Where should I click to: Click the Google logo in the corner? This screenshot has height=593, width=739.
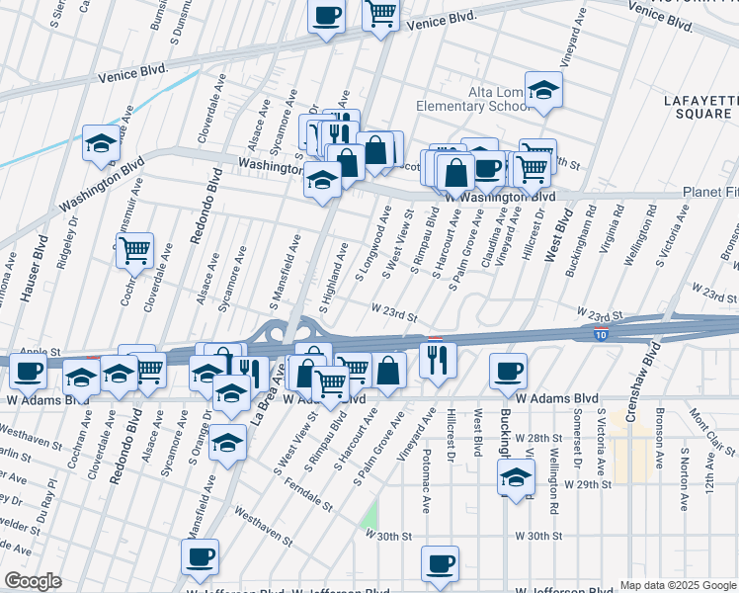pyautogui.click(x=34, y=581)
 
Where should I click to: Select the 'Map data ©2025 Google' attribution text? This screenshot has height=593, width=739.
pyautogui.click(x=677, y=585)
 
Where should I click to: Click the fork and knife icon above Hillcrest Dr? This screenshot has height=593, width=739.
pyautogui.click(x=438, y=361)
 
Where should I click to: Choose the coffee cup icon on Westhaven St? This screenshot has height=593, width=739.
pyautogui.click(x=200, y=556)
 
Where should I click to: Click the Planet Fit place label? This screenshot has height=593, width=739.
pyautogui.click(x=710, y=192)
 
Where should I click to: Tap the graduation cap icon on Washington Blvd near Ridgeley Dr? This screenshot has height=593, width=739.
pyautogui.click(x=100, y=143)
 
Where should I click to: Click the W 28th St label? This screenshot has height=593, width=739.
pyautogui.click(x=535, y=437)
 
